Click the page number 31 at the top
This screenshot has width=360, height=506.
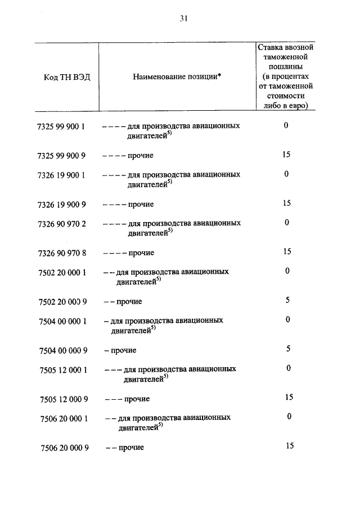click(x=183, y=19)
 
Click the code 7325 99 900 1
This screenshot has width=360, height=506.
click(x=62, y=126)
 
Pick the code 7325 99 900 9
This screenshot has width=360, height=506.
click(x=62, y=155)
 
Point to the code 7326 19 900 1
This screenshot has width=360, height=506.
click(x=62, y=175)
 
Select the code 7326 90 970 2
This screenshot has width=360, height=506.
click(x=62, y=224)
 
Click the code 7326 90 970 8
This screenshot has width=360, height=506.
click(x=62, y=252)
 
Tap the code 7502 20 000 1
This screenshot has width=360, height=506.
click(x=62, y=272)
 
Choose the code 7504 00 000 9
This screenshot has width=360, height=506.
click(x=62, y=350)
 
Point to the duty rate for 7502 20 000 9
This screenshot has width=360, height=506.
click(x=287, y=300)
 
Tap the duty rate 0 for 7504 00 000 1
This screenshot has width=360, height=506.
click(x=287, y=319)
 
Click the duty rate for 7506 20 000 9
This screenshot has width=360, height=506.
click(x=290, y=446)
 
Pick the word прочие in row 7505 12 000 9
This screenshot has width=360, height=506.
click(x=137, y=399)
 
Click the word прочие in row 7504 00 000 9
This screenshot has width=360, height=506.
click(x=124, y=350)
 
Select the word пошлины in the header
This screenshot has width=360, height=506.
click(x=286, y=67)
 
